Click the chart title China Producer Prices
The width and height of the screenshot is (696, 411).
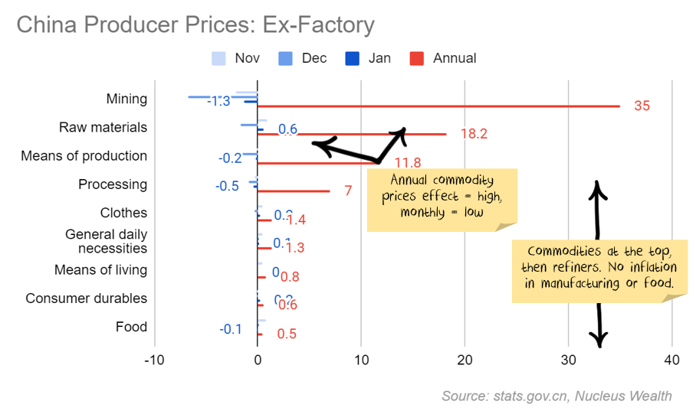coord(195,25)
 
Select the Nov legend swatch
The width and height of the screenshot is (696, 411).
coord(218,58)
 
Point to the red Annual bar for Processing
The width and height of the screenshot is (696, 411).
coord(294,191)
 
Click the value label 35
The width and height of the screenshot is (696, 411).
coord(642,106)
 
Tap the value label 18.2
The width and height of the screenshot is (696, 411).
coord(474,134)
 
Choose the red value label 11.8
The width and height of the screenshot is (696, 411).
coord(408,163)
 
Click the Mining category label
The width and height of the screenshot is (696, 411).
coord(126,99)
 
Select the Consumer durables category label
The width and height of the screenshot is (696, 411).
coord(86,298)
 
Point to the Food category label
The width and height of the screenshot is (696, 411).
coord(131,327)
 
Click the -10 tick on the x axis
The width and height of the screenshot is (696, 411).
coord(155,360)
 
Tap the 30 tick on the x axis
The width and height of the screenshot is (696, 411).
coord(568,360)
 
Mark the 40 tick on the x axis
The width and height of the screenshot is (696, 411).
coord(672,360)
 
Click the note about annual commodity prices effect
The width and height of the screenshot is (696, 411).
coord(442,197)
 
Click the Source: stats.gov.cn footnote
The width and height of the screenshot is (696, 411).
coord(556,396)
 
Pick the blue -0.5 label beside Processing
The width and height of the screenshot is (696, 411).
coord(227,186)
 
